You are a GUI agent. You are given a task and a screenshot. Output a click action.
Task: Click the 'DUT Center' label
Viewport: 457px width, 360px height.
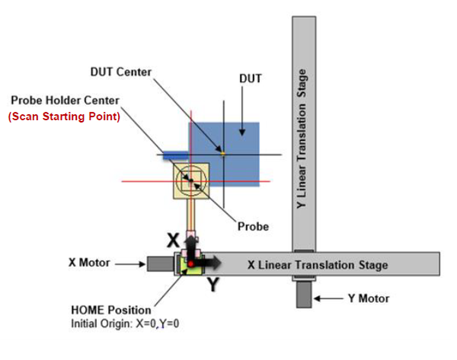(121, 72)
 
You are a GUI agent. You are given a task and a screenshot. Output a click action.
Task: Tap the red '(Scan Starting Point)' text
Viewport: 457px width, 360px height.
(64, 117)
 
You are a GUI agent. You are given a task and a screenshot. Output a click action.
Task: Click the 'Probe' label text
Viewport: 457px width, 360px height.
(253, 226)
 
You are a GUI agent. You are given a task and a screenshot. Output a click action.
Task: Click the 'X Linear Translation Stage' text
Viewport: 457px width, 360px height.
(318, 265)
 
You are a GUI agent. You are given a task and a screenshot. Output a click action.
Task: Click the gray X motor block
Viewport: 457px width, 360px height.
(161, 264)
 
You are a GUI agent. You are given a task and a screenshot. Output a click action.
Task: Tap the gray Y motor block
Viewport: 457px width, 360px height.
(303, 295)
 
